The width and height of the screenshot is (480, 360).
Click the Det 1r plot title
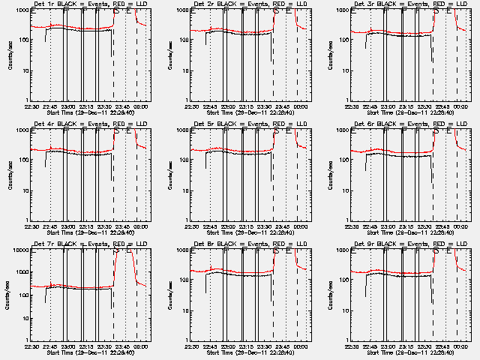coord(88,4)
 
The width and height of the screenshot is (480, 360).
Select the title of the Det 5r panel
coord(249,124)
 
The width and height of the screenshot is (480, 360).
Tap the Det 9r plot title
coord(409,244)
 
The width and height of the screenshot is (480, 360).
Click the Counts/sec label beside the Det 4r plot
coord(10,176)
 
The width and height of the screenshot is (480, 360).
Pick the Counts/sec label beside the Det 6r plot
coord(331,176)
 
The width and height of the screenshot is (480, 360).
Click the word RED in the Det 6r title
coord(430,124)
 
